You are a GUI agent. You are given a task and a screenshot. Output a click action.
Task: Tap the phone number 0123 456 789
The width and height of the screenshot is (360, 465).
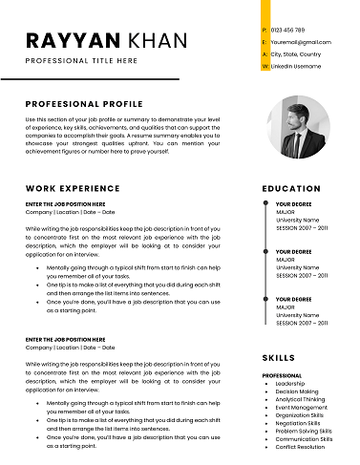point(288,31)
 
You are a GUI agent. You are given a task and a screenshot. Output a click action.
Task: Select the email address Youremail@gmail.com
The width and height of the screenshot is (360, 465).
point(301,43)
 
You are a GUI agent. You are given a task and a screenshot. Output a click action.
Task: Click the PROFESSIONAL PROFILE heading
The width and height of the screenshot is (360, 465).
point(84,103)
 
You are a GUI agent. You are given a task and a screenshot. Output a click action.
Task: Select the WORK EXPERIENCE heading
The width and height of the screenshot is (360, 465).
point(73,189)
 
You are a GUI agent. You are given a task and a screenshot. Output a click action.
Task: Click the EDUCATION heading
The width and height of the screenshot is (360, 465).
point(291,189)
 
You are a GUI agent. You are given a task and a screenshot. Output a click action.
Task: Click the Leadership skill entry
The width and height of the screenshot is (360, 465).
point(290,384)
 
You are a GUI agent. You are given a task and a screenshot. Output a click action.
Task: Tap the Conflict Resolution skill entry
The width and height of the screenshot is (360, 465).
point(300,447)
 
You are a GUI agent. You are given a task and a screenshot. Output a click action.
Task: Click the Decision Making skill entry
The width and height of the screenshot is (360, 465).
point(297,391)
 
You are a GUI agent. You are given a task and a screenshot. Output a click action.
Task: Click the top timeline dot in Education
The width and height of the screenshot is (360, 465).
point(264,204)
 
